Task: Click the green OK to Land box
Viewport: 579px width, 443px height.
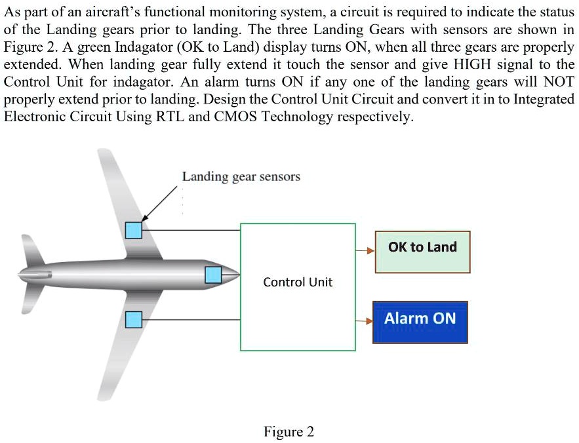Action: pyautogui.click(x=422, y=252)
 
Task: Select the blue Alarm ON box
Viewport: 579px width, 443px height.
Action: pyautogui.click(x=420, y=322)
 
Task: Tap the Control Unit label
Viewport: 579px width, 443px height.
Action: pyautogui.click(x=298, y=282)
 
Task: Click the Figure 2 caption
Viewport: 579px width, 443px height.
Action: pyautogui.click(x=289, y=432)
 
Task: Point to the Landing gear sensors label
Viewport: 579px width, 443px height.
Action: pyautogui.click(x=241, y=176)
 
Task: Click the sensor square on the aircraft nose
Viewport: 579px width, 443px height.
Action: pyautogui.click(x=213, y=275)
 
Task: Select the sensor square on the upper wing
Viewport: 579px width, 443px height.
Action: pyautogui.click(x=134, y=230)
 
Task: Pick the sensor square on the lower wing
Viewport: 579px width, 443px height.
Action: pyautogui.click(x=134, y=319)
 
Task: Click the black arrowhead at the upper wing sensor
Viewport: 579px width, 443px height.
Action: pyautogui.click(x=146, y=218)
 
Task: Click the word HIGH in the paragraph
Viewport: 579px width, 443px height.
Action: pyautogui.click(x=471, y=65)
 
